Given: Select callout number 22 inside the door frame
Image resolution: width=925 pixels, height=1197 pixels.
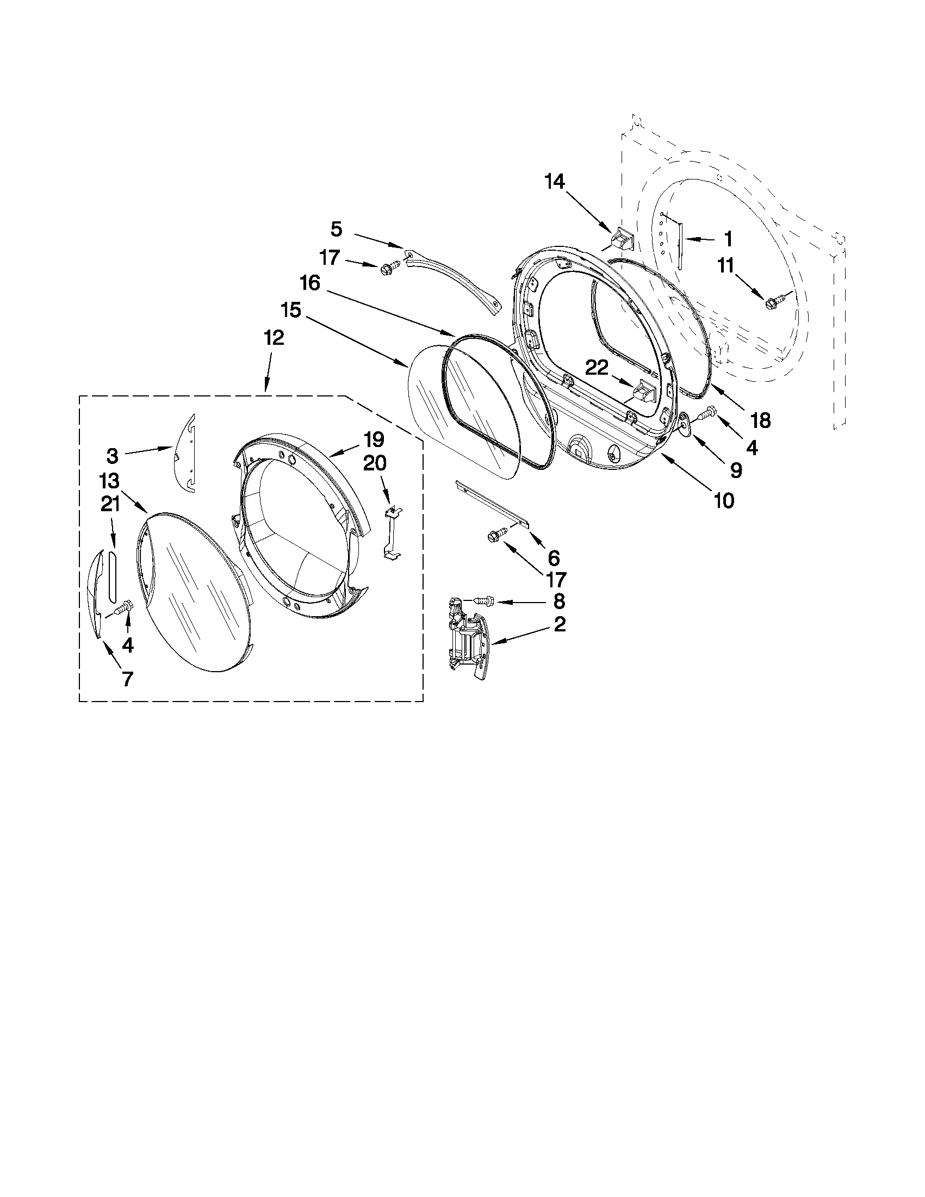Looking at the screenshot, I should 596,368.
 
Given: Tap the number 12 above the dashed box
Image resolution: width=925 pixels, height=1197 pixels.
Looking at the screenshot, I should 274,338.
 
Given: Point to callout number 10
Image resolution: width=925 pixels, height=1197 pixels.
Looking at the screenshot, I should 724,500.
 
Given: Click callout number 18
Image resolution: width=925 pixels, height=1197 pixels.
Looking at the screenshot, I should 761,420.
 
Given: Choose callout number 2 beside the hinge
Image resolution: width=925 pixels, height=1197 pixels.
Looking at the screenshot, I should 560,624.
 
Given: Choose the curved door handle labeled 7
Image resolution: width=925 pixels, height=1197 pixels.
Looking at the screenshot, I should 94,594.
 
